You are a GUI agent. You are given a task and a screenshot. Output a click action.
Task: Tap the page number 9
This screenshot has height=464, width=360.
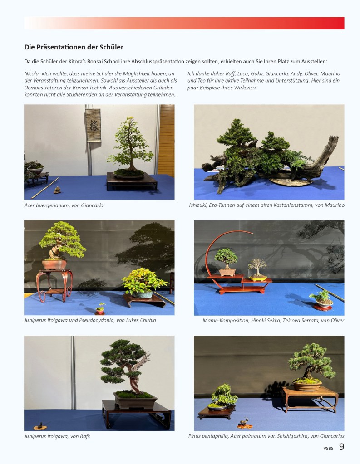click(x=342, y=447)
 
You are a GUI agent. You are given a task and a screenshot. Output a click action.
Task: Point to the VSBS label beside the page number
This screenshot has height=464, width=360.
click(x=328, y=448)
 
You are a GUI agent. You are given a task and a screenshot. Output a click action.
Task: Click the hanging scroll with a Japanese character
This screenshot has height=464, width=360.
click(x=93, y=125)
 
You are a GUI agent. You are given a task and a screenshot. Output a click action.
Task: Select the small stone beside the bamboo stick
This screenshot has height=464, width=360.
click(x=57, y=190)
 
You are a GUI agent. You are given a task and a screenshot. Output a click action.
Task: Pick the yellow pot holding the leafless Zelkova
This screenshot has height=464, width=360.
click(x=258, y=278)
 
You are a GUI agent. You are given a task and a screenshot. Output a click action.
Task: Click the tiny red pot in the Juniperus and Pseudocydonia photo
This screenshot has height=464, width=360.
click(x=100, y=311)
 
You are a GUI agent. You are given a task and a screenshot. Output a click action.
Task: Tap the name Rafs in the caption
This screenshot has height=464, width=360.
click(x=85, y=436)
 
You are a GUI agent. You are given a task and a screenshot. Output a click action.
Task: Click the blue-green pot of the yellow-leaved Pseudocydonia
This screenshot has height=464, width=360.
click(x=142, y=294)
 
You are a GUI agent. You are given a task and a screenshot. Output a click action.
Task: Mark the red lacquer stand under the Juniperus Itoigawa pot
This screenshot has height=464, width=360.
click(x=54, y=286)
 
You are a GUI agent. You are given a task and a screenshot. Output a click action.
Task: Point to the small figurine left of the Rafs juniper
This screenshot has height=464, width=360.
click(x=39, y=426)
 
